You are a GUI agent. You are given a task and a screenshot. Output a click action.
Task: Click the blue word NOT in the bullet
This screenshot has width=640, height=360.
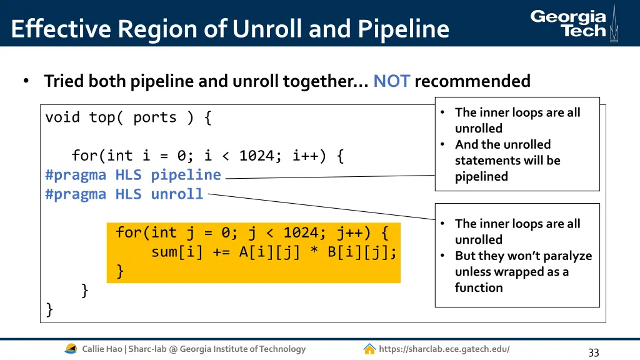coord(391,81)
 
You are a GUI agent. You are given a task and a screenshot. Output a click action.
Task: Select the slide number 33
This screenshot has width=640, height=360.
coord(593,352)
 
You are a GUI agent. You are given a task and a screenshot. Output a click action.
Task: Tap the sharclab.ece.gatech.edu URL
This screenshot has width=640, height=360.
coord(444,349)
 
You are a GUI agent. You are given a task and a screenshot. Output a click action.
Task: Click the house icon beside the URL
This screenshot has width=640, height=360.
coord(369,349)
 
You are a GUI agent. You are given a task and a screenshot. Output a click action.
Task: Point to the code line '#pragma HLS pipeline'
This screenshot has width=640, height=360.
coord(133,175)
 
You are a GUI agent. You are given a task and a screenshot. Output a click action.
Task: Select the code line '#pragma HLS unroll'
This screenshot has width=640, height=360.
coord(124,194)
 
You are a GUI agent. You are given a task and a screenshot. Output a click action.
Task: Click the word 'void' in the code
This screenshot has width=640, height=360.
coord(62,117)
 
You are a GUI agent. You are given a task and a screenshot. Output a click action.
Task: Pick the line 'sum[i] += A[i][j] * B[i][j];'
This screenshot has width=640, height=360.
coord(274,252)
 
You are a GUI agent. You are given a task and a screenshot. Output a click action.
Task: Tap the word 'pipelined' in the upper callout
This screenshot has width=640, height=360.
coord(481,176)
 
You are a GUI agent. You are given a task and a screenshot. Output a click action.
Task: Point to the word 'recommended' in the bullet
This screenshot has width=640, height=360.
coord(472,81)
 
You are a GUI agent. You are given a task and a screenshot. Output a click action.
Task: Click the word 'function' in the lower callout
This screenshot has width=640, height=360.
coord(479,287)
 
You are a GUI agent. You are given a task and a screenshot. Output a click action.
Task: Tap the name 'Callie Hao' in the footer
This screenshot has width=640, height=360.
coord(102,349)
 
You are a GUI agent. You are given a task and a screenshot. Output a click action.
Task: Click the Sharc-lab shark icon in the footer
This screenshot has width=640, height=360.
coord(71,349)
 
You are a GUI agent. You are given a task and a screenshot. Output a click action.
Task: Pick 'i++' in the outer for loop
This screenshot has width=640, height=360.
coord(305,156)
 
